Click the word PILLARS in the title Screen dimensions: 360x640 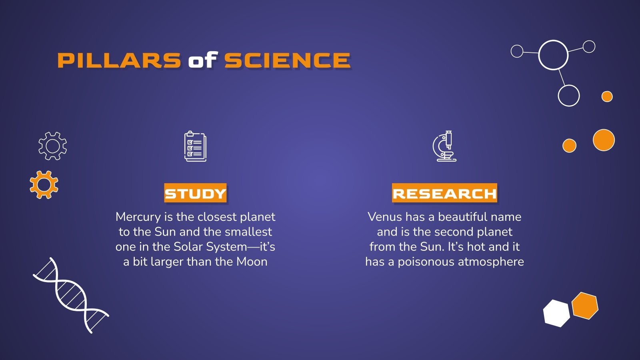pyautogui.click(x=119, y=60)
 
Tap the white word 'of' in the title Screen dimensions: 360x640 pyautogui.click(x=202, y=60)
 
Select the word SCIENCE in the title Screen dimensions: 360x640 pyautogui.click(x=287, y=60)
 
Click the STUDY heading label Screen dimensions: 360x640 pyautogui.click(x=195, y=194)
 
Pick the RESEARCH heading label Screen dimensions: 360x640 pyautogui.click(x=444, y=194)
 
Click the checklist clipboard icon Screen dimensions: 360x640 pyautogui.click(x=195, y=146)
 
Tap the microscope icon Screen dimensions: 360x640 pyautogui.click(x=444, y=146)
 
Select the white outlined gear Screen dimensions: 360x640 pyautogui.click(x=52, y=146)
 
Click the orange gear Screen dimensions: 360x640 pyautogui.click(x=44, y=184)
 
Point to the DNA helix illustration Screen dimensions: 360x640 pyautogui.click(x=71, y=295)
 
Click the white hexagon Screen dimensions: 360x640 pyautogui.click(x=556, y=313)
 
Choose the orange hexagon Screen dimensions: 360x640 pyautogui.click(x=584, y=306)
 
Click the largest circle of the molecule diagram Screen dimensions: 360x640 pyautogui.click(x=553, y=55)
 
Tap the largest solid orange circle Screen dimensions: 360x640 pyautogui.click(x=603, y=140)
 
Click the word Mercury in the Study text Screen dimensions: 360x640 pyautogui.click(x=138, y=217)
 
